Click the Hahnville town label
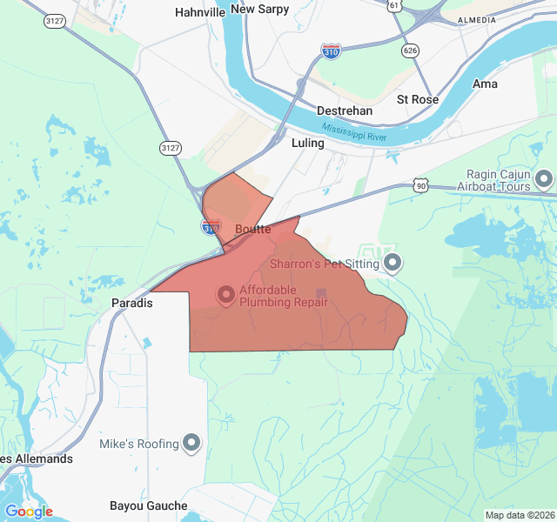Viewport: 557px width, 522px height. tap(199, 12)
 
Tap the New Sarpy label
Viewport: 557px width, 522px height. tap(259, 9)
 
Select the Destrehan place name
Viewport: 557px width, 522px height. tap(345, 111)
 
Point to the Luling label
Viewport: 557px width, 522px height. tap(308, 143)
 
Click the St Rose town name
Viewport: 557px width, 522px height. tap(418, 99)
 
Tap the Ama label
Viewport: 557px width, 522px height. tap(485, 84)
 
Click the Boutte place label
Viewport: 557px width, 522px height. tap(253, 229)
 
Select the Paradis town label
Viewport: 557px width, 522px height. tap(132, 304)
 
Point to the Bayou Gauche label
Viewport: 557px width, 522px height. tap(149, 505)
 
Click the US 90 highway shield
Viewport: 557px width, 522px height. tap(421, 185)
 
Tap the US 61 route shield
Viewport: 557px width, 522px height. tap(395, 6)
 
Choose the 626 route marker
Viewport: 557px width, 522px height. tap(410, 50)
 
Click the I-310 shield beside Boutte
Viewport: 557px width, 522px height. tap(211, 228)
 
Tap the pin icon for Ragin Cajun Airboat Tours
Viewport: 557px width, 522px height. tap(544, 180)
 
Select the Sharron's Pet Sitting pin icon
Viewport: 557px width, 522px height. tap(393, 261)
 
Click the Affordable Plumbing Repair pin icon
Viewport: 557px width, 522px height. tap(226, 296)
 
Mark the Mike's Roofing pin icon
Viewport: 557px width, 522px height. tap(191, 444)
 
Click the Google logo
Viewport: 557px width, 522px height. tap(29, 512)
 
